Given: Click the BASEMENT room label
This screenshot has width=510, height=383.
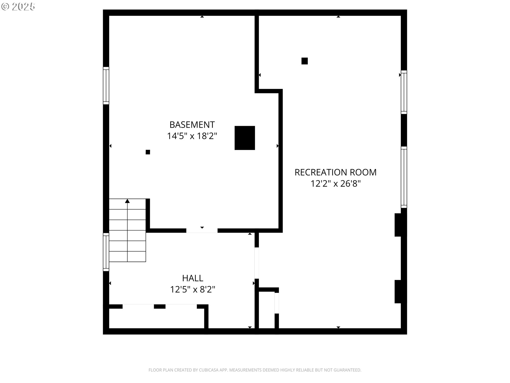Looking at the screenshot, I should (x=192, y=124).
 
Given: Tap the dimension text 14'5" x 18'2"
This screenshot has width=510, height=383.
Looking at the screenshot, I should (x=192, y=136).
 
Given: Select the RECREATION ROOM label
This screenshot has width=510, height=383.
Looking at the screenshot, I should (x=335, y=172).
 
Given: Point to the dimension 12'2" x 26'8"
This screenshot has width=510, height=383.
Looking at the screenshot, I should (x=335, y=184).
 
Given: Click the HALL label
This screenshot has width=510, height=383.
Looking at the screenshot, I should (x=193, y=278).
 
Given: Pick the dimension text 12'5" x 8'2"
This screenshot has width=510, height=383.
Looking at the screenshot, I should (x=193, y=289).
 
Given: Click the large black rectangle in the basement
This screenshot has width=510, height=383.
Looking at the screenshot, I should (x=245, y=138).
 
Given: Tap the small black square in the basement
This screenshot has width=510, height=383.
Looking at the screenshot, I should (x=148, y=152).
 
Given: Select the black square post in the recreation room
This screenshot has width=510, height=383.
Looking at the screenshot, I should (x=304, y=61).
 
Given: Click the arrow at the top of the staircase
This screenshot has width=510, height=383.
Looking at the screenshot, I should (x=127, y=201).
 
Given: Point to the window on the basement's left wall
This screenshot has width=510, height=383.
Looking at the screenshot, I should (x=106, y=85).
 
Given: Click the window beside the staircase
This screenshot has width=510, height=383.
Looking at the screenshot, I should (x=106, y=252).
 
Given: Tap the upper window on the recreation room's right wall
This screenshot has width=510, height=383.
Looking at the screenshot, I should (x=404, y=92).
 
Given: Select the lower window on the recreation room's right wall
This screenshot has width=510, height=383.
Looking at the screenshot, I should (x=404, y=177).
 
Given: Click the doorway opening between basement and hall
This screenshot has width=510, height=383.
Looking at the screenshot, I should (x=202, y=231).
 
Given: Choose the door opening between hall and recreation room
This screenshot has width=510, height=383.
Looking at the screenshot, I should (x=257, y=263).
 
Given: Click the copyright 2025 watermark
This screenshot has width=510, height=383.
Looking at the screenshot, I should (x=18, y=7).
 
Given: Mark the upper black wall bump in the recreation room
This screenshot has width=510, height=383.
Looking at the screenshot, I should (x=398, y=225).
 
